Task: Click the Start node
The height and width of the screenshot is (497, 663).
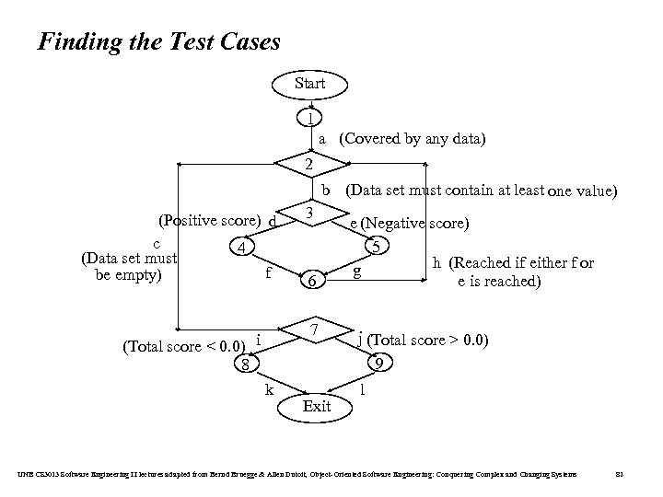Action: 309,84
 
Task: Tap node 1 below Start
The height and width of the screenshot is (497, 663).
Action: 312,119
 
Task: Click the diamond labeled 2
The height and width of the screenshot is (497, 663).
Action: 312,164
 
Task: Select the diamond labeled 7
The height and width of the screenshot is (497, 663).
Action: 314,329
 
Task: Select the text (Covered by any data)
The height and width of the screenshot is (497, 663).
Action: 412,139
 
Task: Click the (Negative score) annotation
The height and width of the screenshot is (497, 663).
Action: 415,223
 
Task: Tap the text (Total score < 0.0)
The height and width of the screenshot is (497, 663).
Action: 183,346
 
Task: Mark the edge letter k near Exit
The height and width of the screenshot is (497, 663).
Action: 269,389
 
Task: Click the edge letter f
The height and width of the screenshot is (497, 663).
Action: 267,273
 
